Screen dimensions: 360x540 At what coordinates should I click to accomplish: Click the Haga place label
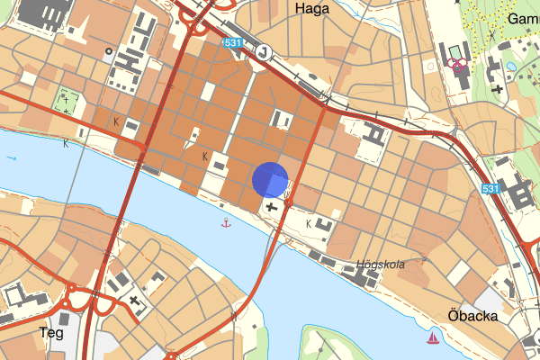[x=311, y=8]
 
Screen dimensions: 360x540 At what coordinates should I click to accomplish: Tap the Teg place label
[x=51, y=333]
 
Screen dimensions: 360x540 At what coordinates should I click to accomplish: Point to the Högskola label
[x=380, y=265]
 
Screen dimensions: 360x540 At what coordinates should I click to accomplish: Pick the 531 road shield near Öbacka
[x=490, y=189]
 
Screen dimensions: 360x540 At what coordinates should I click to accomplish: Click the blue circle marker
[x=269, y=179]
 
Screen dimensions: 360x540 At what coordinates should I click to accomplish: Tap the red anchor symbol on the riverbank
[x=226, y=220]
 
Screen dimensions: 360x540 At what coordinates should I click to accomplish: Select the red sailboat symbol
[x=433, y=338]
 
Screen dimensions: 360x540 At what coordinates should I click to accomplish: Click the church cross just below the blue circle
[x=272, y=207]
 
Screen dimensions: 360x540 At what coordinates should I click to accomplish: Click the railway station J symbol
[x=261, y=52]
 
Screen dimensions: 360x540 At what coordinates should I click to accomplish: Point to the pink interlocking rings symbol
[x=457, y=64]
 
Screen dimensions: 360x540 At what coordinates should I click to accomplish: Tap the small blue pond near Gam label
[x=510, y=66]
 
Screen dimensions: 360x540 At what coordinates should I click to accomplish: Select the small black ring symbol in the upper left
[x=109, y=51]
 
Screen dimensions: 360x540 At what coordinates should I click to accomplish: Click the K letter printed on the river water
[x=66, y=143]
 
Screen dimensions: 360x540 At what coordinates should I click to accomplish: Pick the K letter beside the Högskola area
[x=309, y=222]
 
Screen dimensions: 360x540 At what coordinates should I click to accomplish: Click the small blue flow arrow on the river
[x=12, y=157]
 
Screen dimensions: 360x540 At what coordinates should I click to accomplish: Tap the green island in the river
[x=328, y=346]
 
